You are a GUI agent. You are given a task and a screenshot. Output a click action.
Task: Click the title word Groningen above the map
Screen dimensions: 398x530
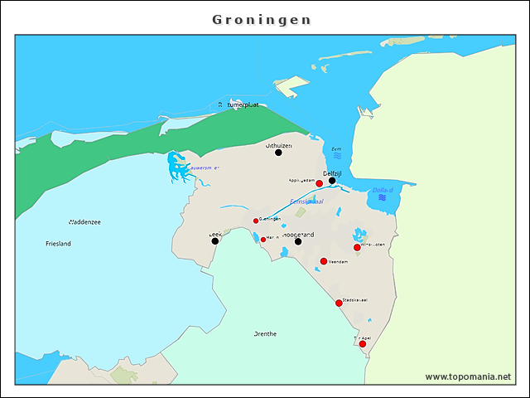pyautogui.click(x=262, y=19)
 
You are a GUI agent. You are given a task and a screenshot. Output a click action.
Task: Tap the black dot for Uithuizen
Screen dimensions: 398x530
pyautogui.click(x=278, y=153)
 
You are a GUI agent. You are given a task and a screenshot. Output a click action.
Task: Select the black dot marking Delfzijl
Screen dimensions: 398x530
pyautogui.click(x=332, y=181)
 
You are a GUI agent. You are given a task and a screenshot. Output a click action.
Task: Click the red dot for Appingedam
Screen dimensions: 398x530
pyautogui.click(x=320, y=183)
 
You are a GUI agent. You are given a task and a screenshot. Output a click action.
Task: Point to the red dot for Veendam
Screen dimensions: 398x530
pyautogui.click(x=324, y=261)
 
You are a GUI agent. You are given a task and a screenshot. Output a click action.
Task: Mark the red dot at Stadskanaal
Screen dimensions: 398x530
pyautogui.click(x=339, y=303)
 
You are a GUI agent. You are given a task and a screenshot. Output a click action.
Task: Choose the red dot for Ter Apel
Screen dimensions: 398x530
pyautogui.click(x=363, y=343)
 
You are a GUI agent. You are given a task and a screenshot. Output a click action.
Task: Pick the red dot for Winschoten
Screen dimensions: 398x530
pyautogui.click(x=357, y=247)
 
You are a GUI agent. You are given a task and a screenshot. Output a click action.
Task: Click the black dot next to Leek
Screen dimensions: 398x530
pyautogui.click(x=215, y=240)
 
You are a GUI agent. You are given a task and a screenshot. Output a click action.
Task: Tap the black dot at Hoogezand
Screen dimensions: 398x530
pyautogui.click(x=298, y=241)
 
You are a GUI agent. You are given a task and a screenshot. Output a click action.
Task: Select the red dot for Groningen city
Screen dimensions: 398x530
pyautogui.click(x=256, y=221)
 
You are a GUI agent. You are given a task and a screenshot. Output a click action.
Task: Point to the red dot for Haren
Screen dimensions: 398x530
pyautogui.click(x=263, y=240)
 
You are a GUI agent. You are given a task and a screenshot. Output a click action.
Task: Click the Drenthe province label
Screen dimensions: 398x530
pyautogui.click(x=265, y=334)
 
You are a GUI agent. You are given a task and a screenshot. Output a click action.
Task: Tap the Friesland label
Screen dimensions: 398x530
pyautogui.click(x=58, y=244)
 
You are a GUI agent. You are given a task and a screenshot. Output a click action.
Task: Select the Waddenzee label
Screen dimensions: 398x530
pyautogui.click(x=84, y=221)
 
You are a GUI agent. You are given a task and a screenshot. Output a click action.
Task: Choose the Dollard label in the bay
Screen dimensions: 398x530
pyautogui.click(x=383, y=190)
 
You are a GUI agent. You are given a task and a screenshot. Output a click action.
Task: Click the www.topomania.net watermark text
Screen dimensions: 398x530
pyautogui.click(x=468, y=376)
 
